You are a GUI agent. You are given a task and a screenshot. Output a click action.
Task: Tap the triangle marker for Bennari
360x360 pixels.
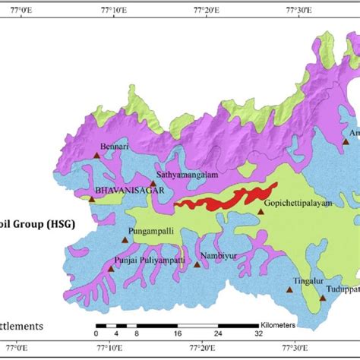tap(96, 155)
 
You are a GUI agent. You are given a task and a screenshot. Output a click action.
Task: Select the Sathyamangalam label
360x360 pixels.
tap(185, 174)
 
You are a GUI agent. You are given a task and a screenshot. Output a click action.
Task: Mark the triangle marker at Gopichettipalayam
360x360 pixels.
tap(261, 212)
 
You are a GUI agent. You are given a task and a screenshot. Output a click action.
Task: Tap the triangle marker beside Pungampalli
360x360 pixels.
tap(125, 239)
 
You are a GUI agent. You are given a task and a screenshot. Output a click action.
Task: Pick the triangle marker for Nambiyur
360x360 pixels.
tap(197, 264)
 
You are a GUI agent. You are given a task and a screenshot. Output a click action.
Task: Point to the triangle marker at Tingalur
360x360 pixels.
tap(289, 289)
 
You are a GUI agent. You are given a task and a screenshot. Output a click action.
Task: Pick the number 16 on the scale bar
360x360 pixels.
tap(178, 333)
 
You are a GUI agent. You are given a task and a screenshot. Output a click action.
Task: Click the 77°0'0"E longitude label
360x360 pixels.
tap(24, 10)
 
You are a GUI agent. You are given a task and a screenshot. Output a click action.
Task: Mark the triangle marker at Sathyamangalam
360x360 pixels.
tap(153, 183)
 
